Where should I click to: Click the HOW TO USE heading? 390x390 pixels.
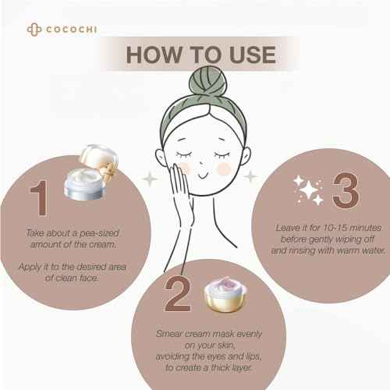coord(200,55)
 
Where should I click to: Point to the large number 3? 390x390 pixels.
coord(341,190)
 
